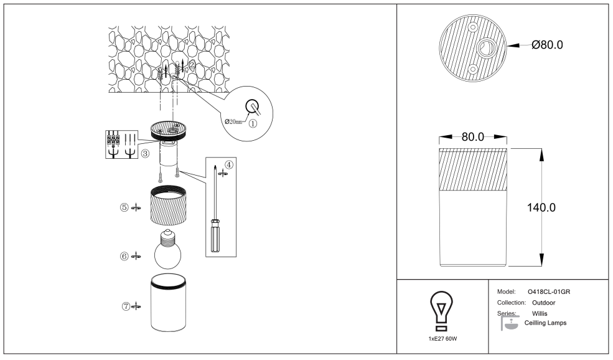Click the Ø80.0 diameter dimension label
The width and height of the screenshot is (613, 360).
point(547,45)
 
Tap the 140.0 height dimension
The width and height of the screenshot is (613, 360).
point(541,207)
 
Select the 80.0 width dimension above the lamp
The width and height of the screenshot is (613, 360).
point(472,137)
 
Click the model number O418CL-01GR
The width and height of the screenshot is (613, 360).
point(549,292)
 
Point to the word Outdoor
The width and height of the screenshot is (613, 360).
point(543,303)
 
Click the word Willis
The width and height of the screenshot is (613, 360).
point(540,314)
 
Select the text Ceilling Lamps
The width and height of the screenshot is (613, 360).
point(545,323)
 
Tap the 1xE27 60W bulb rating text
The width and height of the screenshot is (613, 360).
point(442,339)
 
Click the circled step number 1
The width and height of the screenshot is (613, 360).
point(253,124)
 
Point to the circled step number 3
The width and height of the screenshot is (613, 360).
point(145,154)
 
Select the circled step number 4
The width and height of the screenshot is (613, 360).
point(228,164)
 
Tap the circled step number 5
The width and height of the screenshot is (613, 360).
point(124,207)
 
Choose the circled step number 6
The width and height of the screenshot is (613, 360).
point(124,257)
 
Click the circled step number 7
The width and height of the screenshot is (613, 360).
point(126,306)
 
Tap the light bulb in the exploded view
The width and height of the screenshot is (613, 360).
point(167,249)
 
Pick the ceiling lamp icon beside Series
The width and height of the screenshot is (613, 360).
point(510,323)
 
